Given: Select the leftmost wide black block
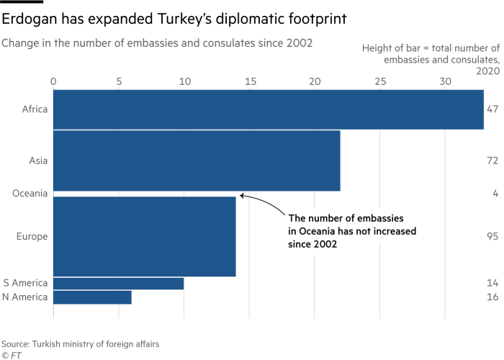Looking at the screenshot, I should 282,288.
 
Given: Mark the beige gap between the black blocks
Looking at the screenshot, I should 335,288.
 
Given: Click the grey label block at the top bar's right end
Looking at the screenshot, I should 496,116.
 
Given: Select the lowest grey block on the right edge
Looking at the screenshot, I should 495,290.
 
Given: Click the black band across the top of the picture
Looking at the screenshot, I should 252,18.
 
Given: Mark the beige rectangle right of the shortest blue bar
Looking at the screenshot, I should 216,299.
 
